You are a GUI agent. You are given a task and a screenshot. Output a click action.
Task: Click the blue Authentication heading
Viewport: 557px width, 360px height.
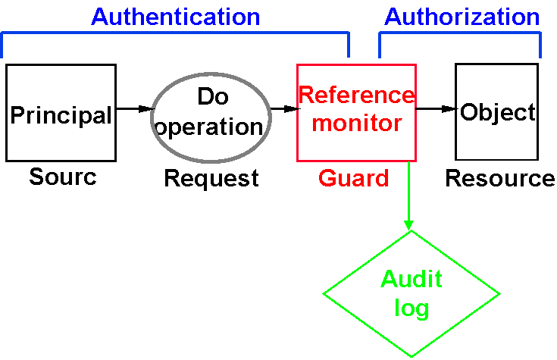coord(175,17)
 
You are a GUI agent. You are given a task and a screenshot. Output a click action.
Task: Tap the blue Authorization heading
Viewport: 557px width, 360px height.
coord(462,17)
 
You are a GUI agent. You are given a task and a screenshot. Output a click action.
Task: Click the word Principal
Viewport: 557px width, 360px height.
coord(61,115)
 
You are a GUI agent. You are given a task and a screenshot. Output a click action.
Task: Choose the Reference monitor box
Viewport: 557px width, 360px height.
coord(356,144)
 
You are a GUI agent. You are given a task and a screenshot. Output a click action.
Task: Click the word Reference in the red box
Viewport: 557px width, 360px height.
coord(356,95)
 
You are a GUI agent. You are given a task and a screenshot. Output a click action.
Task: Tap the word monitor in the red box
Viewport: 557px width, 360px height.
coord(356,123)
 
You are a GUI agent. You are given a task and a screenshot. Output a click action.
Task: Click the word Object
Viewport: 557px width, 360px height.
coord(498,113)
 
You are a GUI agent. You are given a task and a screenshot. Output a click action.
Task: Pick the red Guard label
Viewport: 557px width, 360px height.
coord(353,178)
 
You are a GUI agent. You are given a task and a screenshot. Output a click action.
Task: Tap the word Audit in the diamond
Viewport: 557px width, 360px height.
coord(411,280)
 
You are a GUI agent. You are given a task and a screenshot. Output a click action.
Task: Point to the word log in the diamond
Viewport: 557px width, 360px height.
coord(411,308)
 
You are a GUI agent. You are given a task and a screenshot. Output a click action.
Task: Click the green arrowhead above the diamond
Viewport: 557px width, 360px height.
coord(408,224)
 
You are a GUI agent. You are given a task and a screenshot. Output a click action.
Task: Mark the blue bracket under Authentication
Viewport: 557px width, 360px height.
coord(175,33)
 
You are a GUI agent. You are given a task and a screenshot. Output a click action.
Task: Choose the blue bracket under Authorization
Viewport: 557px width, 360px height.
coord(460,34)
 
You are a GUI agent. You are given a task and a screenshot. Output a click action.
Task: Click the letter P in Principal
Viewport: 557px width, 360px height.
coord(17,115)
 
